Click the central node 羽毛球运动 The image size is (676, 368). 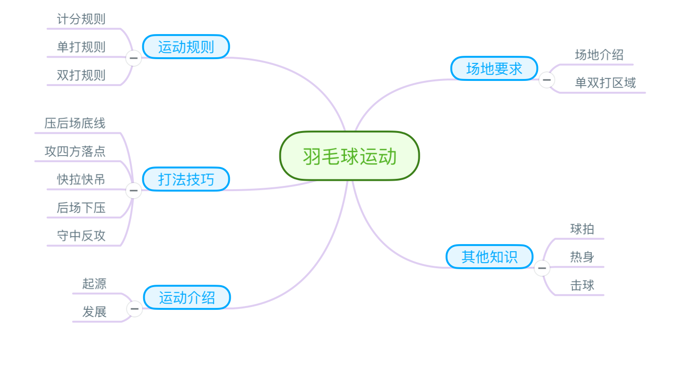(349, 156)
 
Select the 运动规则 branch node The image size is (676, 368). (186, 47)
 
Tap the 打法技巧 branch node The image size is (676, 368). (186, 179)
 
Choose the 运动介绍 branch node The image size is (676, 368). (187, 298)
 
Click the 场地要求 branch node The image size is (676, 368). (494, 69)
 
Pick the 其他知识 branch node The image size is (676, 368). (489, 257)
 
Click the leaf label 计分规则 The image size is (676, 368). (81, 19)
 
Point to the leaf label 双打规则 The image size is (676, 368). (81, 75)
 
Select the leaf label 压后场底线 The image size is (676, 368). (75, 123)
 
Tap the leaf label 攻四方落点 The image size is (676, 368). (75, 151)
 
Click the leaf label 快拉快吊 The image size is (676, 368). (81, 179)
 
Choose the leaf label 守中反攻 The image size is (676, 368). (81, 236)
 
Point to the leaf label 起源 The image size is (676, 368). (94, 284)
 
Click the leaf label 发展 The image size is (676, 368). (94, 312)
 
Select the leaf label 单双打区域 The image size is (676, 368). (605, 83)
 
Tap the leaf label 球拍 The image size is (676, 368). (582, 229)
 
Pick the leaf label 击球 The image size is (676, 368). (582, 285)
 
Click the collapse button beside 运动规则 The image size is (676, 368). (134, 58)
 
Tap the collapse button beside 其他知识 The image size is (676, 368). (542, 268)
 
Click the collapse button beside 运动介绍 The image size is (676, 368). (134, 309)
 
